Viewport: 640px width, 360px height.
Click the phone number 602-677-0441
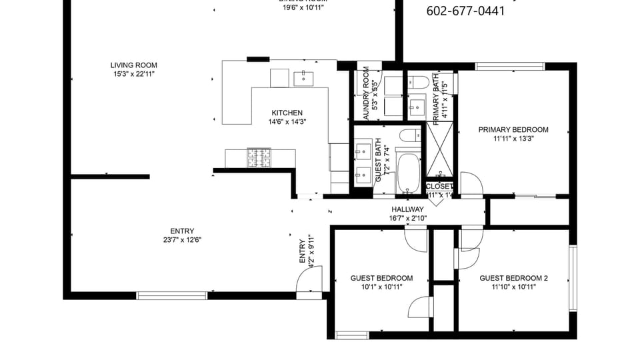pyautogui.click(x=465, y=11)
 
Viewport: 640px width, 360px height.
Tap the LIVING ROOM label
pyautogui.click(x=134, y=65)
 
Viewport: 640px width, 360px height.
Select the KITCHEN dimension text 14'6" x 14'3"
pyautogui.click(x=287, y=122)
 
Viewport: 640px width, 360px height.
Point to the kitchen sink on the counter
pyautogui.click(x=304, y=78)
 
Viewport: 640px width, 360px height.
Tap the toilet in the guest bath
pyautogui.click(x=410, y=137)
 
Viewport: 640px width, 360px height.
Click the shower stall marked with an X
pyautogui.click(x=439, y=151)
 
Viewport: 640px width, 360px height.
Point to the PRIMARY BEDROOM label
pyautogui.click(x=513, y=130)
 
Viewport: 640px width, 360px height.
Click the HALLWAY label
pyautogui.click(x=407, y=209)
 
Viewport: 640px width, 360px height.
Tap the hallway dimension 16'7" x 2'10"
pyautogui.click(x=407, y=218)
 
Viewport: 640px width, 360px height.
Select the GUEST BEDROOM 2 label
pyautogui.click(x=513, y=278)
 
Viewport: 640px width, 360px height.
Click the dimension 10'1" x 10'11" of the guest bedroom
pyautogui.click(x=381, y=287)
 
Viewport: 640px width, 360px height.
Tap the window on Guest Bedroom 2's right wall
pyautogui.click(x=572, y=278)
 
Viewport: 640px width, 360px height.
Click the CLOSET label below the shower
pyautogui.click(x=439, y=186)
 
